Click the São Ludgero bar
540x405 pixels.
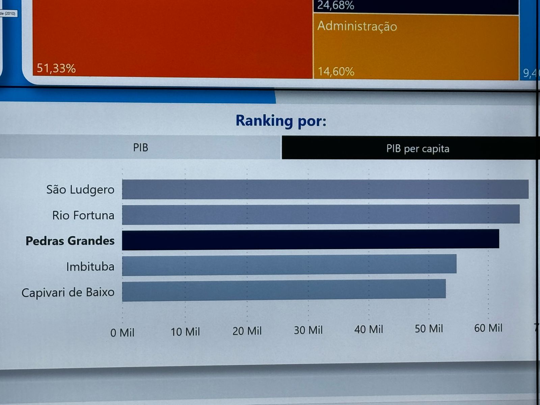[325, 189]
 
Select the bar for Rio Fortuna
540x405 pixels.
[321, 215]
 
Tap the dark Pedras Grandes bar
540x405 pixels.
[310, 240]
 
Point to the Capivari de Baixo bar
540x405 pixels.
[284, 290]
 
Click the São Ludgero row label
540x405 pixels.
[80, 190]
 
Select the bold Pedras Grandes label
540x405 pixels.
[70, 241]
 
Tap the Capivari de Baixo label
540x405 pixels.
[68, 292]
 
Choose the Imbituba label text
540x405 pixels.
[90, 267]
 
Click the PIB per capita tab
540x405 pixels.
[417, 148]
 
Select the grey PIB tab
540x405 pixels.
[140, 147]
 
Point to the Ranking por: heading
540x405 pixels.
[281, 121]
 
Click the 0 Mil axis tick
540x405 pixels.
[122, 333]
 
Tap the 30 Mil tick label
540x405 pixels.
[308, 330]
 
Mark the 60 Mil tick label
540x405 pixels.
[488, 328]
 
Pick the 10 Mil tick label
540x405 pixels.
[185, 332]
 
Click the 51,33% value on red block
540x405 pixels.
[56, 68]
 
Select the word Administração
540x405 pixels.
[357, 26]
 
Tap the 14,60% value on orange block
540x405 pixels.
[336, 72]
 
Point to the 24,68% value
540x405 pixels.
[335, 5]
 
